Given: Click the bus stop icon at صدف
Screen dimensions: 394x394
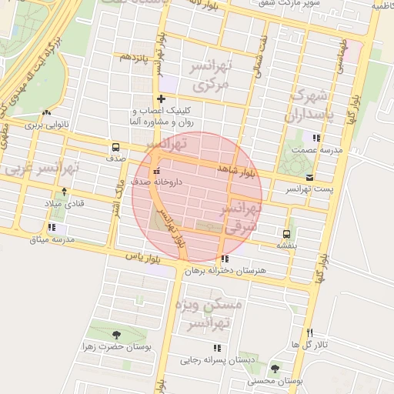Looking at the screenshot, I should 115,147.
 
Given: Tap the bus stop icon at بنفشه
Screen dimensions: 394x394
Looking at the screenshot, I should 286,234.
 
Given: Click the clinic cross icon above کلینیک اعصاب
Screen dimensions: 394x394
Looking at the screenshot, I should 160,99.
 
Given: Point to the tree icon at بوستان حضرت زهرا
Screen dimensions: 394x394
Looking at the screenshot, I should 115,335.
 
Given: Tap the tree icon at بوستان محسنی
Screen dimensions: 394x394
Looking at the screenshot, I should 275,367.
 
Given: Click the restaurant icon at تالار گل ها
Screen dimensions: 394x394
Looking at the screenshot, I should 310,332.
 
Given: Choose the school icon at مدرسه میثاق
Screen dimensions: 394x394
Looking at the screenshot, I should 52,228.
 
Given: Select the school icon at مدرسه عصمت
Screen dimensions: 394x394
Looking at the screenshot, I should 316,138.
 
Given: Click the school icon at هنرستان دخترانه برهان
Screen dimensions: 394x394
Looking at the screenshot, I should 224,259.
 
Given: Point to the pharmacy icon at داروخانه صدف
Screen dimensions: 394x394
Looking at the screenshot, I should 157,172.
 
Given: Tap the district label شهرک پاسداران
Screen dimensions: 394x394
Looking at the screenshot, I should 305,107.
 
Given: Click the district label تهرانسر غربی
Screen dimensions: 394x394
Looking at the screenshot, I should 42,167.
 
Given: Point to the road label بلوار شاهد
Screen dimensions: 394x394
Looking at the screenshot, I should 235,170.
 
